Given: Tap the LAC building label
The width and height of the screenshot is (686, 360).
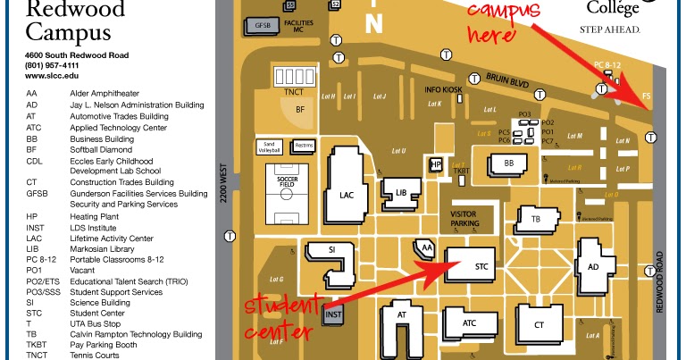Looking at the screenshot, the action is click(x=347, y=194).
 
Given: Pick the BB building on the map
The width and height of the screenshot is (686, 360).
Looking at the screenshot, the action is click(x=509, y=164).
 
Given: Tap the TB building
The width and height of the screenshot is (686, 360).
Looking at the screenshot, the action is click(x=536, y=219).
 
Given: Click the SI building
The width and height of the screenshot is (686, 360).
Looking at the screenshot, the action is click(x=331, y=250).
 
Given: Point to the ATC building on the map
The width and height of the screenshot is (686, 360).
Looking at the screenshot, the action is click(x=469, y=323).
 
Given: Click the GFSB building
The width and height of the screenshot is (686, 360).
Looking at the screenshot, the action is click(x=263, y=24).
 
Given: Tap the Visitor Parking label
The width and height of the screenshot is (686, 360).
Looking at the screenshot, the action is click(x=464, y=218).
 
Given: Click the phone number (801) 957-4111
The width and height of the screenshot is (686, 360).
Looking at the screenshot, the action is click(x=53, y=65).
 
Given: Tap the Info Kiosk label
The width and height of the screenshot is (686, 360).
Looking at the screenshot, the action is click(x=444, y=89).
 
